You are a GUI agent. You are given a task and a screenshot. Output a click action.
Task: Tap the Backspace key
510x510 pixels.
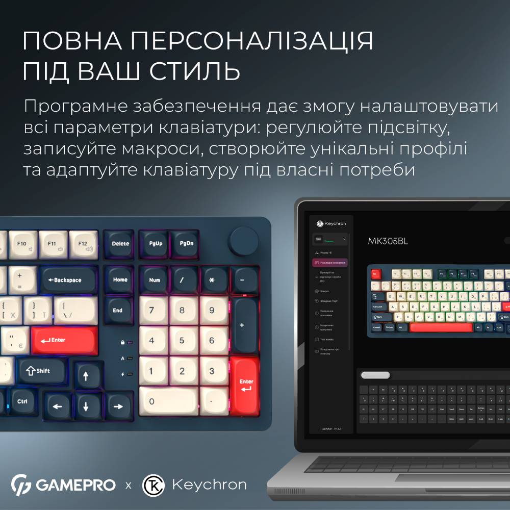(68, 280)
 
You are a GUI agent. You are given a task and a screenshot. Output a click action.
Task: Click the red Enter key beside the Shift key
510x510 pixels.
(64, 340)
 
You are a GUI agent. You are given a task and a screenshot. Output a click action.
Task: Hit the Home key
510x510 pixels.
(120, 279)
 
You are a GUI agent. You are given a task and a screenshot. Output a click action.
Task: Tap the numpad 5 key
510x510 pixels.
(184, 339)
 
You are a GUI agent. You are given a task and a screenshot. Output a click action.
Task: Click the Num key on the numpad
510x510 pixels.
(154, 280)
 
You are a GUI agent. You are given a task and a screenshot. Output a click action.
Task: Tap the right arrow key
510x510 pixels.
(118, 406)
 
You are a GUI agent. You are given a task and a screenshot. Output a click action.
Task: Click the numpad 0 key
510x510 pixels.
(168, 400)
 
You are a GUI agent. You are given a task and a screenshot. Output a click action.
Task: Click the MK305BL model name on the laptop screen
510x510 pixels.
(388, 241)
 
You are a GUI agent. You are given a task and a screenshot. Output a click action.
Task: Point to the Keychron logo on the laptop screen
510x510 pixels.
(331, 223)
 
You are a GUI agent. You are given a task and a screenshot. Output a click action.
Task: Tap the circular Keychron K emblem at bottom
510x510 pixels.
(152, 484)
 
